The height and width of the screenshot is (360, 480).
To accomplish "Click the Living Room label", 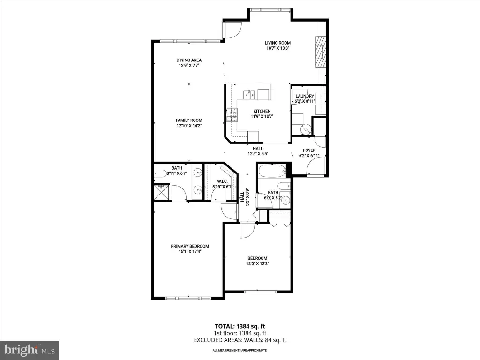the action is coord(277,43).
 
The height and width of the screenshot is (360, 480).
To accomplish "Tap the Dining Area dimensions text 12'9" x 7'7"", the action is coord(189,65).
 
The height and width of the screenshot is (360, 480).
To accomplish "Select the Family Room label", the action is coord(189,120).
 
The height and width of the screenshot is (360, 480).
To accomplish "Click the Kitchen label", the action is coord(262,111).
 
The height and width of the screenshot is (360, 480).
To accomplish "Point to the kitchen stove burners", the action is coord(232,115).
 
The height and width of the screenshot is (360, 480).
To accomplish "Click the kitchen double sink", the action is coord(249,95).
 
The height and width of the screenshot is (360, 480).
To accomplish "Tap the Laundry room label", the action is coord(305,96).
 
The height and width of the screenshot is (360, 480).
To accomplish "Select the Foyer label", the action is coord(309,150).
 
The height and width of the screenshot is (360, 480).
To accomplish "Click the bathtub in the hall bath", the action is coord(272,172).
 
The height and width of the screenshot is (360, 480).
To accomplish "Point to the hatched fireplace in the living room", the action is coord(321,52).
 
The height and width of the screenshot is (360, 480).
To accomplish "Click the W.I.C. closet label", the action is coord(222,181).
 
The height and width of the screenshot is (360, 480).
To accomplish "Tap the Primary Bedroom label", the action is coord(190,246).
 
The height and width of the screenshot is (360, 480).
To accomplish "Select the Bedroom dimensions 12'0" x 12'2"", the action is coord(257,263).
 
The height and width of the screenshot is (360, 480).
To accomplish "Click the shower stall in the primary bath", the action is coord(161,192).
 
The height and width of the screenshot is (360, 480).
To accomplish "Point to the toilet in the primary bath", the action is coord(160,173).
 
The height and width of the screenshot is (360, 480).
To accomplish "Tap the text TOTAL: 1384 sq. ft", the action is coord(240,326).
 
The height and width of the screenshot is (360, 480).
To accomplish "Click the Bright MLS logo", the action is coord(30,350).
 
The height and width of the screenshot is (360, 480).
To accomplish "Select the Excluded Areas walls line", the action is coord(240,340).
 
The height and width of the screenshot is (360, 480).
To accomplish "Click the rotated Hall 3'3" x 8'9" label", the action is coord(245,197).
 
